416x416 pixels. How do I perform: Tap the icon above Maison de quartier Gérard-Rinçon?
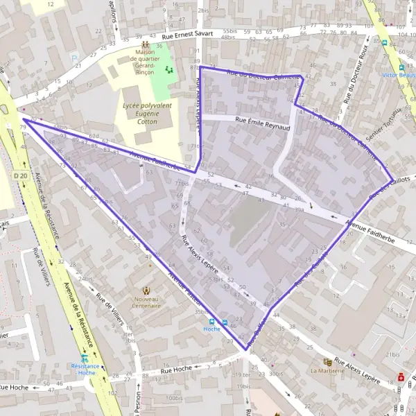click(x=145, y=45)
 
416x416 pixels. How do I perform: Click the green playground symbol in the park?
click(x=168, y=69)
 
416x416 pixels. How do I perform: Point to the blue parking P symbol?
click(x=75, y=58)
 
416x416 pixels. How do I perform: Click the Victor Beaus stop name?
click(x=400, y=74)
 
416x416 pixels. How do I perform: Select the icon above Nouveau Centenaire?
click(x=146, y=290)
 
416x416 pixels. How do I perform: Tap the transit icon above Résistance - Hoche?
click(x=85, y=358)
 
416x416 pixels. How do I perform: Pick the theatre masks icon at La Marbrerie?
click(x=327, y=362)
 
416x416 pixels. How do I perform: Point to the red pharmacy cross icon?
click(x=401, y=378)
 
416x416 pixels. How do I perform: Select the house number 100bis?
click(x=173, y=398)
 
